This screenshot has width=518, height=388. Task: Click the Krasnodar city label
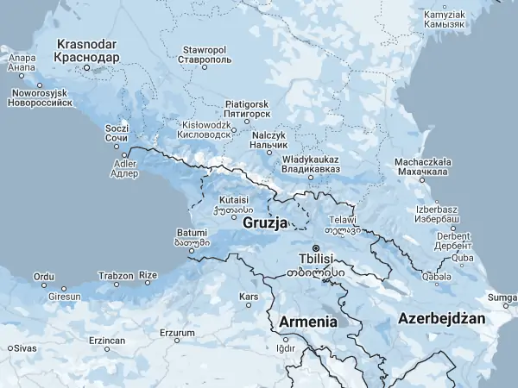click(86, 50)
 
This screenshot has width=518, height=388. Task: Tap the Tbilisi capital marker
click(315, 249)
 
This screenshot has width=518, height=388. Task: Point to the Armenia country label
click(308, 322)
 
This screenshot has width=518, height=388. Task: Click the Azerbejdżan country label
click(441, 318)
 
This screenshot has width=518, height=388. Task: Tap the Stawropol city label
click(205, 55)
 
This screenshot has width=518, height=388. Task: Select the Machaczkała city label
click(420, 166)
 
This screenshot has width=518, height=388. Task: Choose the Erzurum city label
click(178, 332)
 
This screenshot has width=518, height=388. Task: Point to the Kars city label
click(249, 297)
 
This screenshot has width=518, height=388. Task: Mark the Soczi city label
click(117, 132)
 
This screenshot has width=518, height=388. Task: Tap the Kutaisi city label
click(233, 203)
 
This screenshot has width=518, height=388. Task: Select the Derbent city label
click(453, 240)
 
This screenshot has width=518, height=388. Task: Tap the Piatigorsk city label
click(247, 108)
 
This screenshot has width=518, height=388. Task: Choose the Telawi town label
click(341, 225)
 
